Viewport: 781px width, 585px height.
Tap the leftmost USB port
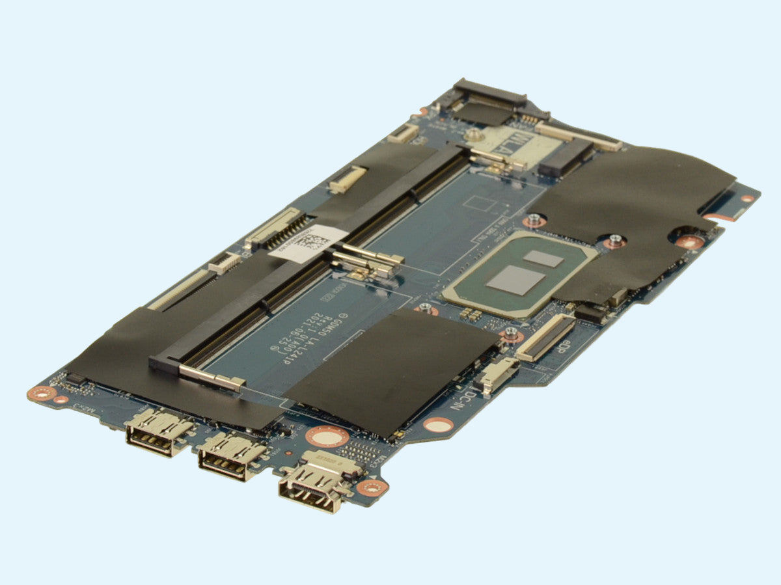158,432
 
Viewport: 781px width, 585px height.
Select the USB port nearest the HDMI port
232,457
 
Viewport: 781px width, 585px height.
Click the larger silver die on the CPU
515,280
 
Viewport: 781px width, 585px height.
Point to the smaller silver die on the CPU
543,258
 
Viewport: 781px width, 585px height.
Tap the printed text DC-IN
463,398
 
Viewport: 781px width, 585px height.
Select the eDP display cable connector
545,337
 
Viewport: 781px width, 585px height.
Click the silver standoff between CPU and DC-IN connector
510,335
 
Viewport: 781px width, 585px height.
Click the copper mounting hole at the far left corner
41,392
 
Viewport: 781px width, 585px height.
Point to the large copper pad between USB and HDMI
327,436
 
